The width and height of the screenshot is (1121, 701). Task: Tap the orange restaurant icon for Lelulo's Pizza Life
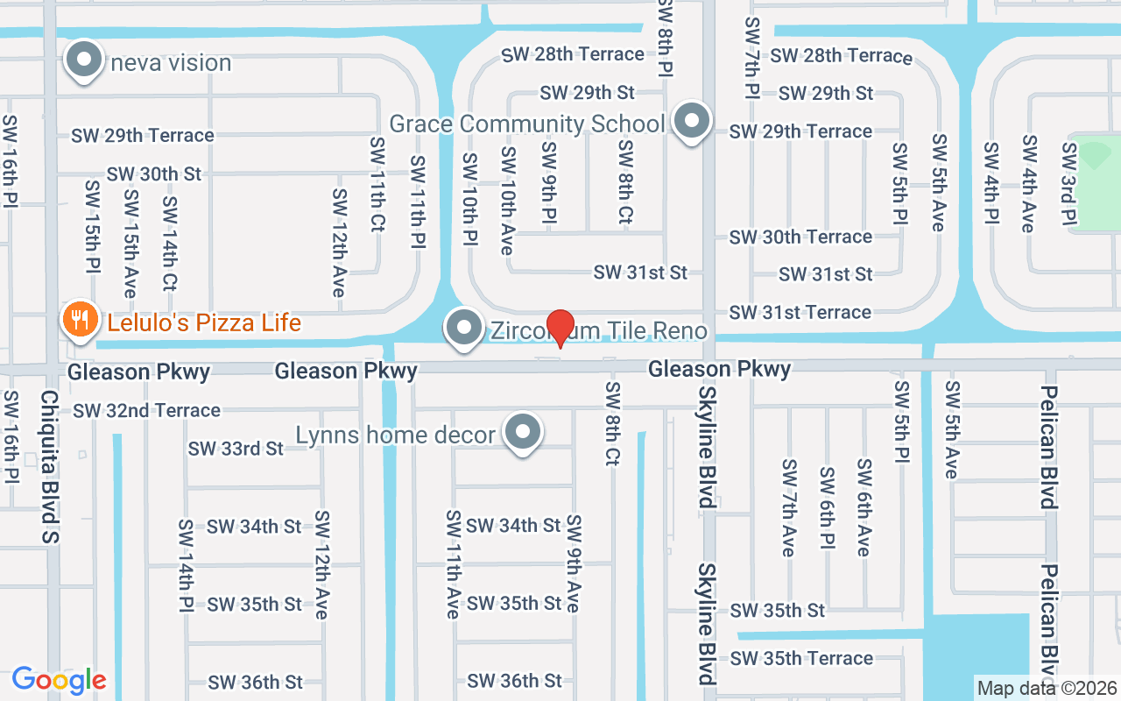click(x=80, y=320)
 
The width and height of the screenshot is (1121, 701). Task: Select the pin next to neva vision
click(x=85, y=60)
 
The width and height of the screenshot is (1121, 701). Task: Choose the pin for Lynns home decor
click(x=524, y=432)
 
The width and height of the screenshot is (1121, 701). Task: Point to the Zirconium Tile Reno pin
click(x=464, y=328)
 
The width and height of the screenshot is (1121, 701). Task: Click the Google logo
click(x=59, y=679)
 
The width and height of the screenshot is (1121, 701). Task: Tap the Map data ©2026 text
click(x=1047, y=688)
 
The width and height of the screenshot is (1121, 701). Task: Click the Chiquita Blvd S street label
click(x=49, y=466)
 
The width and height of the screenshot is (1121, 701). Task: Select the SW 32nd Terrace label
click(x=146, y=410)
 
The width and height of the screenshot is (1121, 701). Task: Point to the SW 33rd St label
click(x=236, y=449)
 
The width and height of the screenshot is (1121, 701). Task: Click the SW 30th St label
click(x=154, y=174)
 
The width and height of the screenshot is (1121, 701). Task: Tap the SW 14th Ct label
click(x=169, y=243)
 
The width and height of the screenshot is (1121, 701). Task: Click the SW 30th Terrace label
click(x=800, y=237)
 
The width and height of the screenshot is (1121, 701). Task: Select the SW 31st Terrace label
click(x=800, y=312)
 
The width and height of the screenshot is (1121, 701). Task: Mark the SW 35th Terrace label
click(x=801, y=658)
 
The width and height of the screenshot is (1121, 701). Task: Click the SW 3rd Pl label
click(x=1068, y=184)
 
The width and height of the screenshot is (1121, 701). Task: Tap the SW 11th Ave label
click(x=453, y=564)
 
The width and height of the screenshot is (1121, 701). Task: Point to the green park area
click(x=1096, y=184)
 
